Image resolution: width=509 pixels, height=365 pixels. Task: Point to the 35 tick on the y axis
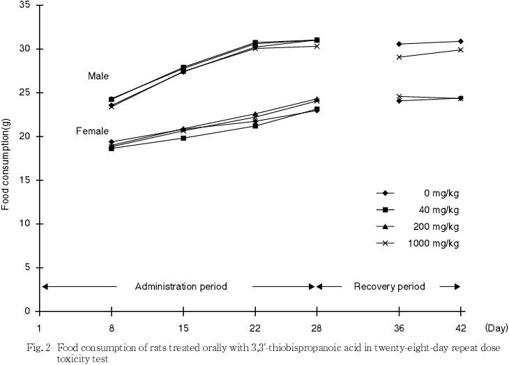pyautogui.click(x=26, y=5)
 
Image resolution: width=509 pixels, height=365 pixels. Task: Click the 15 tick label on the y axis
pyautogui.click(x=26, y=180)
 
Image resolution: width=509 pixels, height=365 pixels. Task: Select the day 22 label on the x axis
pyautogui.click(x=255, y=327)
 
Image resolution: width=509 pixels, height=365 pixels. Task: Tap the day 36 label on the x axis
pyautogui.click(x=399, y=327)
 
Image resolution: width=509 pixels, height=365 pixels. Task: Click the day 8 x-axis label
pyautogui.click(x=112, y=327)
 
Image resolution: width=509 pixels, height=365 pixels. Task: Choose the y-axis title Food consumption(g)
pyautogui.click(x=6, y=159)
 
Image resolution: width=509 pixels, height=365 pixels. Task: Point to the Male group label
pyautogui.click(x=98, y=76)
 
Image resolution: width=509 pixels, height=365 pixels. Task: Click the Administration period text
pyautogui.click(x=181, y=286)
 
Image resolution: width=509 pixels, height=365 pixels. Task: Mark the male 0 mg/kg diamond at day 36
pyautogui.click(x=399, y=44)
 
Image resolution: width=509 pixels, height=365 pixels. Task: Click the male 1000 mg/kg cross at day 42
pyautogui.click(x=461, y=49)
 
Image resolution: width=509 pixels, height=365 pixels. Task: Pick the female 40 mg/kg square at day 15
pyautogui.click(x=183, y=138)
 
